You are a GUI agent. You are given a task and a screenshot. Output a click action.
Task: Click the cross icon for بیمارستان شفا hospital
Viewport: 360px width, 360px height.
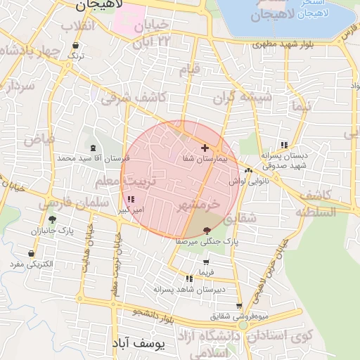click(x=205, y=148)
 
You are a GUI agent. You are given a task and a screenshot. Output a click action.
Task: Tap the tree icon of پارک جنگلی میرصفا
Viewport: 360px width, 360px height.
click(x=206, y=231)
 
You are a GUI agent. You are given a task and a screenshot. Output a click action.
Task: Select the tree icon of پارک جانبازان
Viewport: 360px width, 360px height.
click(x=52, y=219)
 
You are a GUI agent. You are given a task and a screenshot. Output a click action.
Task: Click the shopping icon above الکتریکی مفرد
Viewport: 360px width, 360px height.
click(x=32, y=253)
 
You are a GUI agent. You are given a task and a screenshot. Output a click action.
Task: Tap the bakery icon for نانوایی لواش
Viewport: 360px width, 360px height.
click(x=248, y=170)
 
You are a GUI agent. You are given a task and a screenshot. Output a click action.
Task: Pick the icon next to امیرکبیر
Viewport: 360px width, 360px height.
click(x=131, y=200)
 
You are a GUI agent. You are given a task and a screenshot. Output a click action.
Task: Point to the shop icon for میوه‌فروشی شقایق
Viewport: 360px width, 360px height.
click(x=240, y=306)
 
